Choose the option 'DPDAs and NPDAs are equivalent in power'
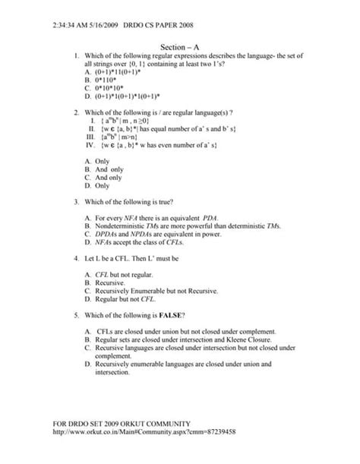point(158,235)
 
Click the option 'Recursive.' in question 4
point(109,283)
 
